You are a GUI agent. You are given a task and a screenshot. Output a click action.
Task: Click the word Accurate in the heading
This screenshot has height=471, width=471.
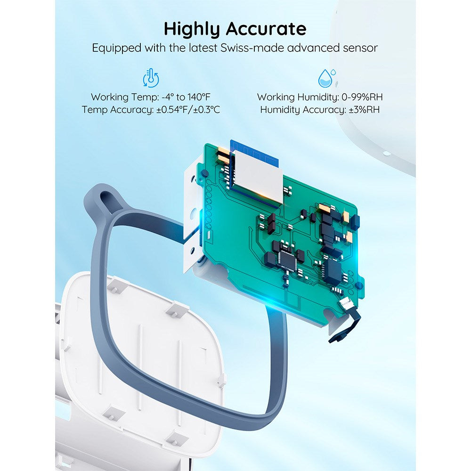(266, 29)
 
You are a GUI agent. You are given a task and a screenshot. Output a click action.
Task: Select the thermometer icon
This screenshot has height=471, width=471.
(151, 78)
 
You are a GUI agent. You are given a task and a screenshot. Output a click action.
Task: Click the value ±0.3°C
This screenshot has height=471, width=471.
(207, 110)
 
